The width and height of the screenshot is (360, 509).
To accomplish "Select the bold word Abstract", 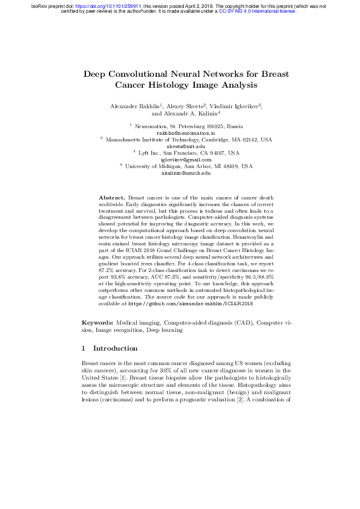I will click(x=112, y=198).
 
